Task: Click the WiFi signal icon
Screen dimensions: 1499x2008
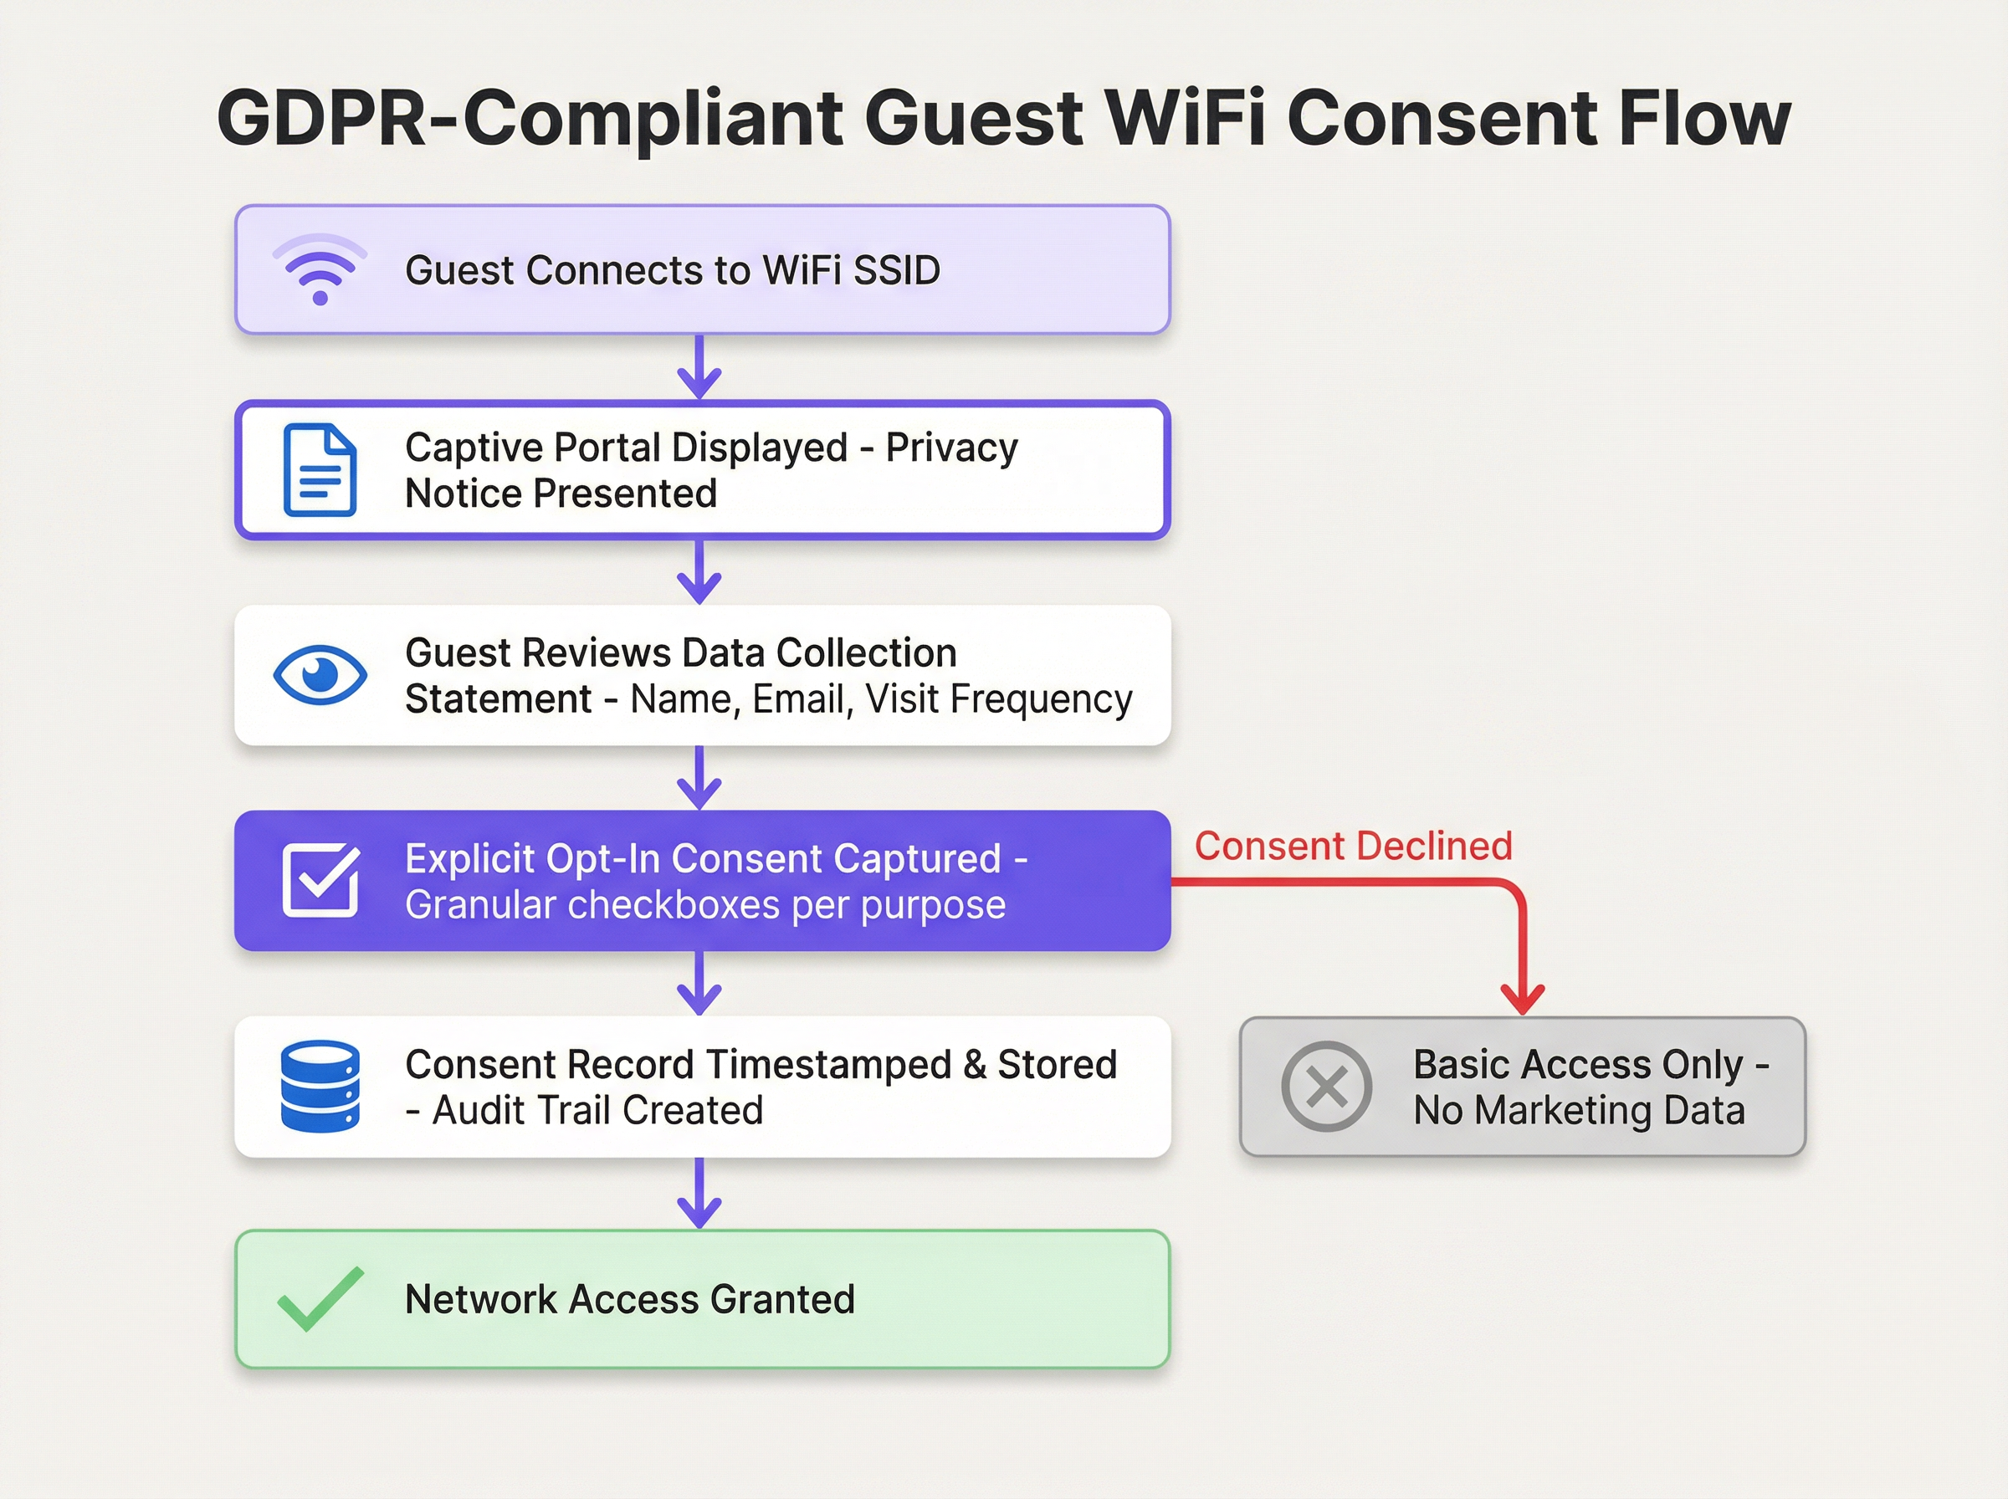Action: tap(320, 270)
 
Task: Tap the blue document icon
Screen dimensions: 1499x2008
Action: tap(320, 470)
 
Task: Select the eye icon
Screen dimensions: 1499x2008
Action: tap(320, 675)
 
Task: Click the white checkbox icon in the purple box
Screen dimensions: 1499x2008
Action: tap(320, 880)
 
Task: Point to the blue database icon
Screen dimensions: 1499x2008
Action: tap(320, 1086)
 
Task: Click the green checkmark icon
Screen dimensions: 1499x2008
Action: tap(320, 1298)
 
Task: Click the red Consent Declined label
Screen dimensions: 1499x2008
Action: tap(1353, 846)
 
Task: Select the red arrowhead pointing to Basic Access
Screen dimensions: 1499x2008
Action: tap(1523, 999)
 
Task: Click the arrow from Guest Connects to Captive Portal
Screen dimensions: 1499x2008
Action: tap(699, 368)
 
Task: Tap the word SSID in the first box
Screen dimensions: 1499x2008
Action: tap(895, 270)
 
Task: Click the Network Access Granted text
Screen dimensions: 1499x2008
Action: tap(630, 1299)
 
